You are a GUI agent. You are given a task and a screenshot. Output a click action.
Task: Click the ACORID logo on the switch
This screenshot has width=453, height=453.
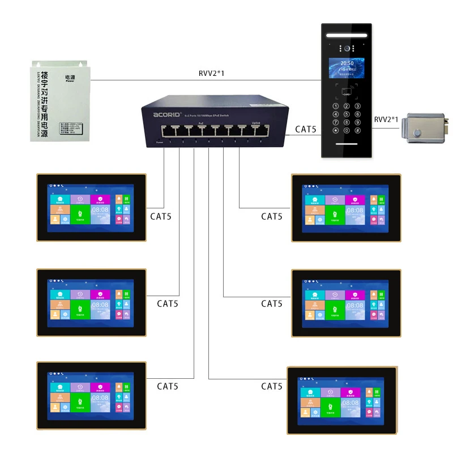click(165, 114)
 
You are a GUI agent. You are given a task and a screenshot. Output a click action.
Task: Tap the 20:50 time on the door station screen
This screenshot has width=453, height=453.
click(347, 64)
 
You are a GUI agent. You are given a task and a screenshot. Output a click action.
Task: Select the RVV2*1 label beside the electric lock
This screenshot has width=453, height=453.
click(386, 119)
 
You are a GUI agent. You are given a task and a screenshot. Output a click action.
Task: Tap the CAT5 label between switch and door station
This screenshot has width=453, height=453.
click(305, 129)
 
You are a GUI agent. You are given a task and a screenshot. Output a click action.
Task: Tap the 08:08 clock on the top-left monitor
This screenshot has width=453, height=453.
click(101, 211)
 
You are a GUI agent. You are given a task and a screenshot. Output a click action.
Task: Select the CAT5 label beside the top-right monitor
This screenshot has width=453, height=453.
click(272, 216)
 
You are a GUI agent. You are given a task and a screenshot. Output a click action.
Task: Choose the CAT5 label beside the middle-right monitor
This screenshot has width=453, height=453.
click(272, 304)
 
